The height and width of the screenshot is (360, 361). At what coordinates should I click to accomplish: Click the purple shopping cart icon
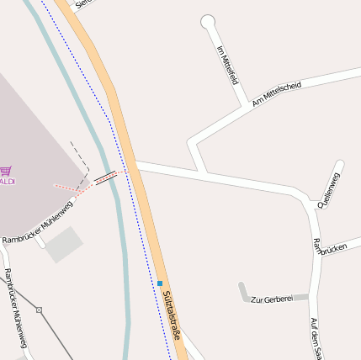tap(5, 169)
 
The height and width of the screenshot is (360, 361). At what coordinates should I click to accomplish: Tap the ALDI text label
tap(7, 181)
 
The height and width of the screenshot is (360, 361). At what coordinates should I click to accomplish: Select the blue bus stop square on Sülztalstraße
tap(160, 283)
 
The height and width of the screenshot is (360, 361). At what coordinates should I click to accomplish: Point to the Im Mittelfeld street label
tap(228, 65)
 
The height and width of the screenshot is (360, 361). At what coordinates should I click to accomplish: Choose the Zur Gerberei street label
tap(271, 299)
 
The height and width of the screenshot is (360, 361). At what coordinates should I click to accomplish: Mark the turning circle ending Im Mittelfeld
tap(208, 22)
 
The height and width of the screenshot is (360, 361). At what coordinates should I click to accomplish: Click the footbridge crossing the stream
tap(106, 177)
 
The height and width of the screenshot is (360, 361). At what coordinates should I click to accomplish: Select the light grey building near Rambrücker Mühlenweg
tap(64, 244)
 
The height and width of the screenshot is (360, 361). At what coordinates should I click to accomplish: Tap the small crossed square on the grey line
tap(39, 310)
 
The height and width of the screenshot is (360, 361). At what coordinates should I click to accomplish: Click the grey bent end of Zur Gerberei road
tap(243, 291)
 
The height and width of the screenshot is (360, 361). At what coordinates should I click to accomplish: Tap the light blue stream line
tap(124, 252)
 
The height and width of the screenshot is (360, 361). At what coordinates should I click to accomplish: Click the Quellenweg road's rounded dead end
tap(339, 164)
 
